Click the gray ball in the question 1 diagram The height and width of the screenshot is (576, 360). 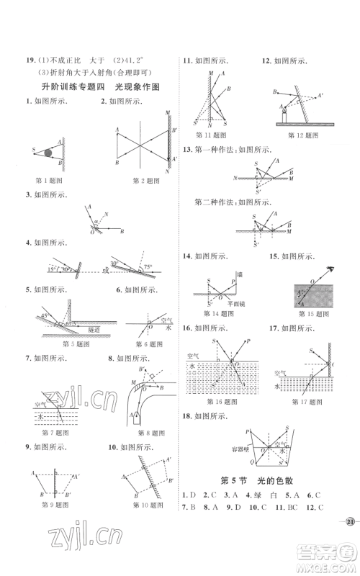point(48,152)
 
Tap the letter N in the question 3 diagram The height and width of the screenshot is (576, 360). point(107,214)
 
